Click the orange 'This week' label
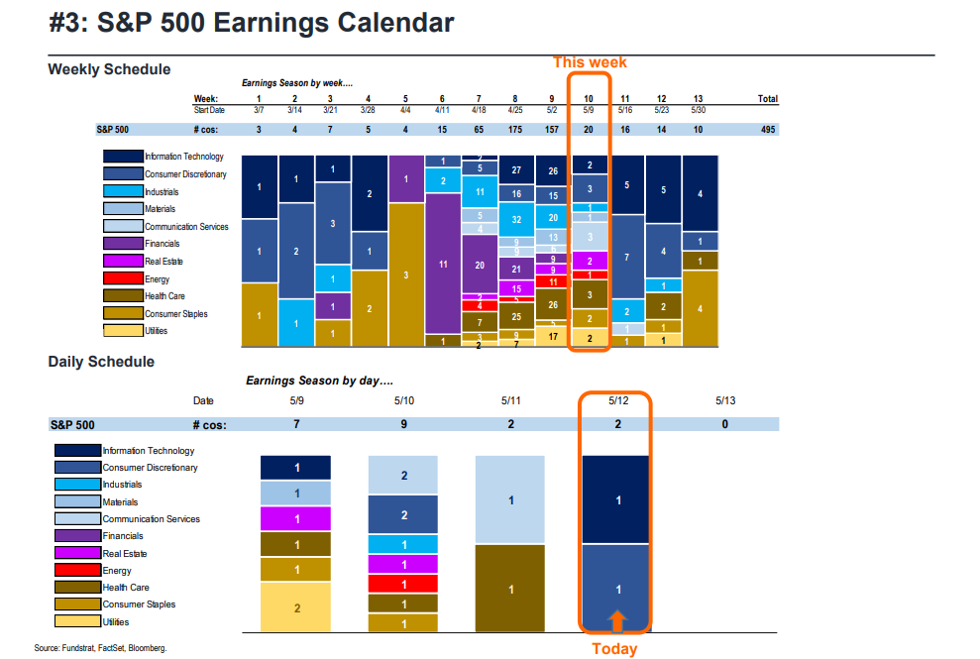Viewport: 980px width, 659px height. [x=590, y=62]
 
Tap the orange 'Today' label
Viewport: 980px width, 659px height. [x=614, y=649]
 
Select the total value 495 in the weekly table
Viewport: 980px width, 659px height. [x=767, y=130]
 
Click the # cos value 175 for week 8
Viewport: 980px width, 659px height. [x=515, y=130]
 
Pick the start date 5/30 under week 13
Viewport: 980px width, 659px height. [x=700, y=110]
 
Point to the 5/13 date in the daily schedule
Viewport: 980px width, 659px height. [x=723, y=401]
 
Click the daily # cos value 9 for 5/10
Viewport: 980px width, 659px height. [x=403, y=424]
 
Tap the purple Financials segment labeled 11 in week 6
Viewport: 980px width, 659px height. [x=442, y=265]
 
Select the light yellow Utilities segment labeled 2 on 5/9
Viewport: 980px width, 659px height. [x=295, y=607]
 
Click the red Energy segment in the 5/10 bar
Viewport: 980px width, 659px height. [x=403, y=583]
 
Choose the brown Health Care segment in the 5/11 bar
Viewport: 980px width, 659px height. [x=511, y=589]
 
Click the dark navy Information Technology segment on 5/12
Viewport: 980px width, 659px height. [x=618, y=500]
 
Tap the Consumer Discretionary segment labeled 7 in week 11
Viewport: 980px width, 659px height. [x=626, y=257]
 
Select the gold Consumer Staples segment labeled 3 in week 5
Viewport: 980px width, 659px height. [x=405, y=275]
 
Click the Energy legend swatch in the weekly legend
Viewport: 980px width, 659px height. [x=123, y=278]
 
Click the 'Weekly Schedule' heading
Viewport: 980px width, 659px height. [x=109, y=69]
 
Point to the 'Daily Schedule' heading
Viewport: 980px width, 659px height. [x=101, y=362]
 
